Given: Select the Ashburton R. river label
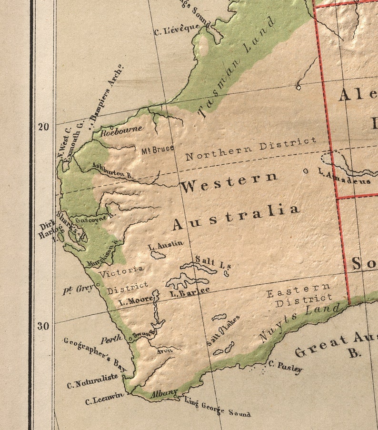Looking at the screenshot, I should pos(112,171).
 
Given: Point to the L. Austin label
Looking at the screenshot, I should pos(165,245).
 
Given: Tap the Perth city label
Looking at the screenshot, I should pos(111,340).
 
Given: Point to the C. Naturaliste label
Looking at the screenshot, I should pos(92,380).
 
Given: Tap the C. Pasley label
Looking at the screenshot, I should pos(285,367).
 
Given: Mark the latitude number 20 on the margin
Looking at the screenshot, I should pos(44,126).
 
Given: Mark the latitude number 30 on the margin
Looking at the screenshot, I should pos(44,326).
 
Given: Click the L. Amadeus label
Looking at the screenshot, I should pos(345,178).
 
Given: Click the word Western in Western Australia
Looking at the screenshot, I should pos(229,182).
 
